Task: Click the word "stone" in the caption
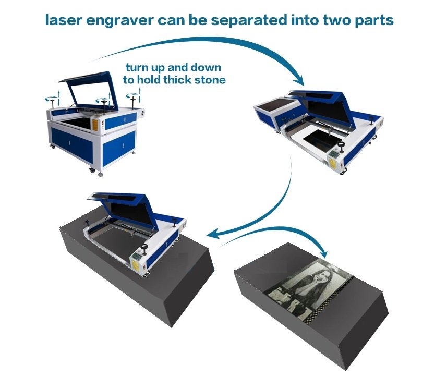click(210, 80)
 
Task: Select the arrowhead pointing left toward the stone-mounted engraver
click(213, 234)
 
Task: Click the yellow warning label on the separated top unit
click(333, 163)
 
